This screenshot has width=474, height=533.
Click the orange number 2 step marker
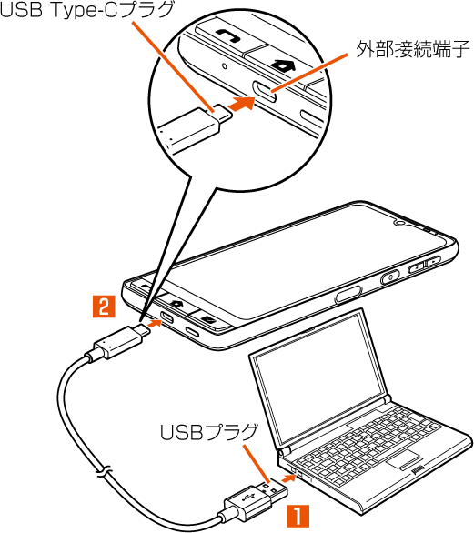pos(104,307)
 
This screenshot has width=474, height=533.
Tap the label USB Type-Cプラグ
pos(86,10)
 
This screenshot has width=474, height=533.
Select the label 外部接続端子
pos(413,50)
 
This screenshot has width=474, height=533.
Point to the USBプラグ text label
pos(208,432)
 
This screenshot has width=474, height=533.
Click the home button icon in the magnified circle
pos(283,65)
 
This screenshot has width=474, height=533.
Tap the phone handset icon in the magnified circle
pos(227,35)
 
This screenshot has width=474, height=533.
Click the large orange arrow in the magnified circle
pos(242,103)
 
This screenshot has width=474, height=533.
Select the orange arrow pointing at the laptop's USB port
pos(288,478)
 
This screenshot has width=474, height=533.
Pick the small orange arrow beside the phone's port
pos(155,323)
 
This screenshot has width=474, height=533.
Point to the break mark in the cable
pos(103,471)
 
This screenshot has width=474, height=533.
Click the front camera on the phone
pos(400,223)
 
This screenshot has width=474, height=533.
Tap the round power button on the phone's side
pos(389,277)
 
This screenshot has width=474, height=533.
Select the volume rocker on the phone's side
pos(424,264)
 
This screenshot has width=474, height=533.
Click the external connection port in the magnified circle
pos(264,91)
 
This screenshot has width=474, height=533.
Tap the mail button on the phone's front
pos(207,319)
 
